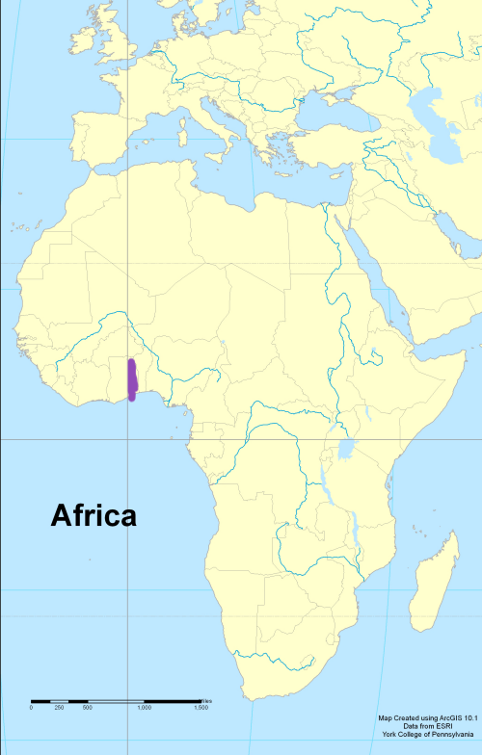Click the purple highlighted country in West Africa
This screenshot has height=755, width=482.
pyautogui.click(x=132, y=378)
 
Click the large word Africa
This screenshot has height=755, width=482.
pyautogui.click(x=93, y=516)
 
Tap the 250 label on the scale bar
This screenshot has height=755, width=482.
pyautogui.click(x=60, y=708)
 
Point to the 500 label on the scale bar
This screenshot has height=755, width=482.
pyautogui.click(x=88, y=708)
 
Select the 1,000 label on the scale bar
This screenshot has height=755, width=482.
pyautogui.click(x=144, y=708)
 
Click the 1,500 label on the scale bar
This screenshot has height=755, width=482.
pyautogui.click(x=201, y=708)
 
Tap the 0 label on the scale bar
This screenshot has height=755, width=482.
pyautogui.click(x=31, y=708)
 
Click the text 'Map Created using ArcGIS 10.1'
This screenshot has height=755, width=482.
pyautogui.click(x=428, y=717)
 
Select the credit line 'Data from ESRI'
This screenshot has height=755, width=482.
pyautogui.click(x=428, y=726)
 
